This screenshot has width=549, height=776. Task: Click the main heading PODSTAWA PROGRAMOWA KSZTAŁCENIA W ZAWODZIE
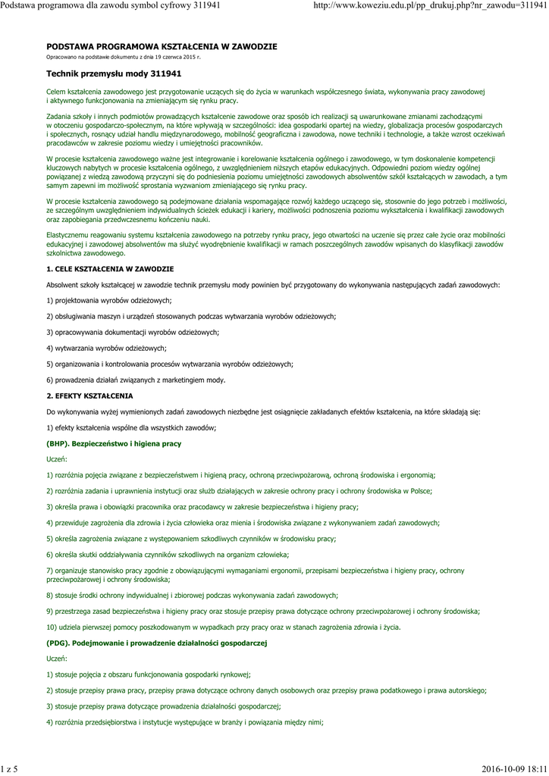click(x=162, y=47)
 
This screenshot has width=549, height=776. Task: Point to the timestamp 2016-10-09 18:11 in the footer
click(x=514, y=769)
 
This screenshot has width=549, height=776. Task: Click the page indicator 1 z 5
click(x=9, y=769)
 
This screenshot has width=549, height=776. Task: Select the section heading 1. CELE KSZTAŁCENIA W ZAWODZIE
click(x=110, y=269)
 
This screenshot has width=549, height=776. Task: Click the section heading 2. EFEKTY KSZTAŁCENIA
click(x=89, y=396)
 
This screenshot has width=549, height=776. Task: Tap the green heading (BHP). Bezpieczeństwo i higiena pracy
click(x=114, y=443)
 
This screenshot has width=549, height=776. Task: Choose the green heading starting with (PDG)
click(x=157, y=643)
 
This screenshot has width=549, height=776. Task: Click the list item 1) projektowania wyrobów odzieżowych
click(x=98, y=301)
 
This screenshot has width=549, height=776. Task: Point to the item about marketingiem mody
click(x=136, y=380)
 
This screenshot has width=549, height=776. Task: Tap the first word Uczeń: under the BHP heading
click(x=57, y=459)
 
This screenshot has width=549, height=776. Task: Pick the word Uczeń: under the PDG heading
click(x=57, y=659)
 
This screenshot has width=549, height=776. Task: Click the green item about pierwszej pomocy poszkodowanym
click(x=224, y=627)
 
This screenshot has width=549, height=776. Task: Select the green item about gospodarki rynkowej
click(x=148, y=674)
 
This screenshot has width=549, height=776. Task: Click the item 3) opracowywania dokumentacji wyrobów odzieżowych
click(x=133, y=333)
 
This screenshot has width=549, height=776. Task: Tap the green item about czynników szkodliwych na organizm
click(x=168, y=555)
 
